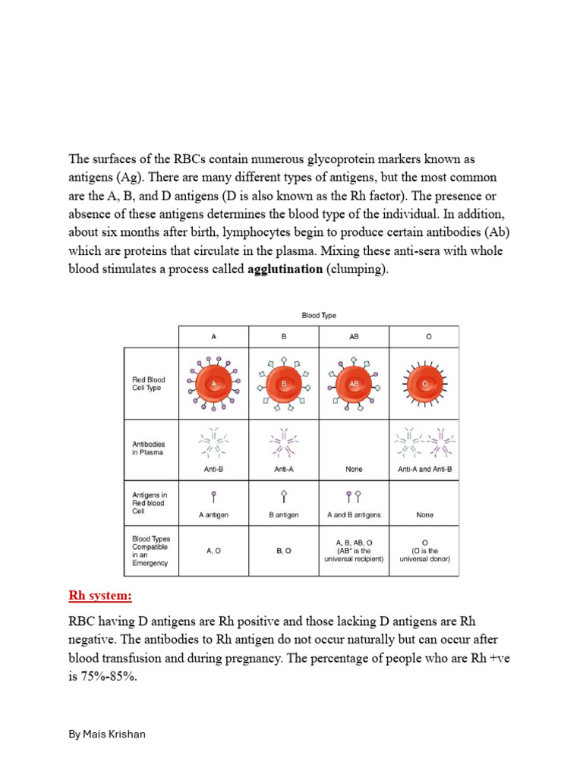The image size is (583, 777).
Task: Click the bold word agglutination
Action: pos(285,269)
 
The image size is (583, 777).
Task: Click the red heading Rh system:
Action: pos(100,596)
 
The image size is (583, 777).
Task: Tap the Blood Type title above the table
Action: pos(319,315)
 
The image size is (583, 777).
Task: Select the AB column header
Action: pos(354,337)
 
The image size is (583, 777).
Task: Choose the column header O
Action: pos(424,337)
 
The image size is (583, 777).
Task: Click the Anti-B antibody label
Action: pos(214,469)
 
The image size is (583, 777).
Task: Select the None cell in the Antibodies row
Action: pos(354,469)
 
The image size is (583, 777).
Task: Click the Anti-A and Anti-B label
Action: pos(424,469)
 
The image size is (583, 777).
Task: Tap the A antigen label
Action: pos(214,514)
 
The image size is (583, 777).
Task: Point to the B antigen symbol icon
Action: pos(284,497)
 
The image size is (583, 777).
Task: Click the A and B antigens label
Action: pos(354,514)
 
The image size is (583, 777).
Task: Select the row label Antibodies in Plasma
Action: pos(149,448)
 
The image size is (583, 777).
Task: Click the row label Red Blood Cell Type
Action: pos(149,384)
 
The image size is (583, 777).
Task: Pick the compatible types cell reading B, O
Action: pos(284,551)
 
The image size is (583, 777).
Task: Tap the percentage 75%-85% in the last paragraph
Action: pos(102,676)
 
